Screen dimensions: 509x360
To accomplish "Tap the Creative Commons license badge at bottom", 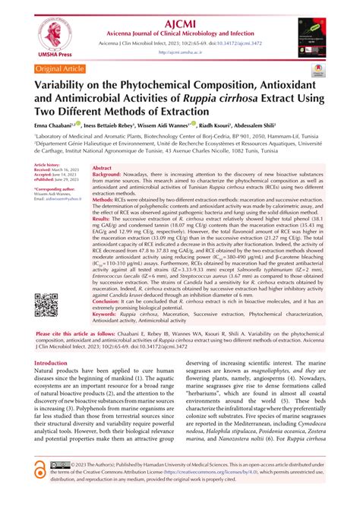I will coord(61,485).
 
